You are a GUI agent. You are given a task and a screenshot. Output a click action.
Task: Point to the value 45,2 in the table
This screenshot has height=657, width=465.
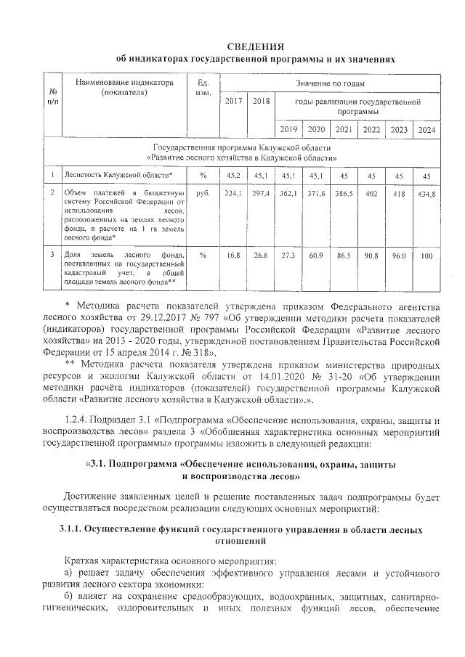[x=233, y=175]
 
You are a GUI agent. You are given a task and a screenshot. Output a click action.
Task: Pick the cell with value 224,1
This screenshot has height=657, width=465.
[x=233, y=194]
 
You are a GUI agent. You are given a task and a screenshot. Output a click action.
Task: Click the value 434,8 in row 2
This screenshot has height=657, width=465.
[x=426, y=194]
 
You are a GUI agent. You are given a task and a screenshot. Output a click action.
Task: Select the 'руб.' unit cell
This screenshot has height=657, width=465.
[x=203, y=194]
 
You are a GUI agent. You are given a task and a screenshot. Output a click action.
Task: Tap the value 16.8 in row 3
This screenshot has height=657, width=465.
[x=233, y=256]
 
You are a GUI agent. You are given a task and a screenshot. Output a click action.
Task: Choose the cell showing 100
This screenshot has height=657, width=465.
[x=426, y=256]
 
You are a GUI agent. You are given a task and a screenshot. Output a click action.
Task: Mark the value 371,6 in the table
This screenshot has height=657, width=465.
[x=315, y=194]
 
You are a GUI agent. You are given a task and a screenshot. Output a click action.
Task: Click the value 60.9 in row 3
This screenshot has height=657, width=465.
[x=315, y=256]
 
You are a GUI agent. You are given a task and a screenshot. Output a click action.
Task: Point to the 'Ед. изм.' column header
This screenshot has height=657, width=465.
[x=203, y=88]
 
